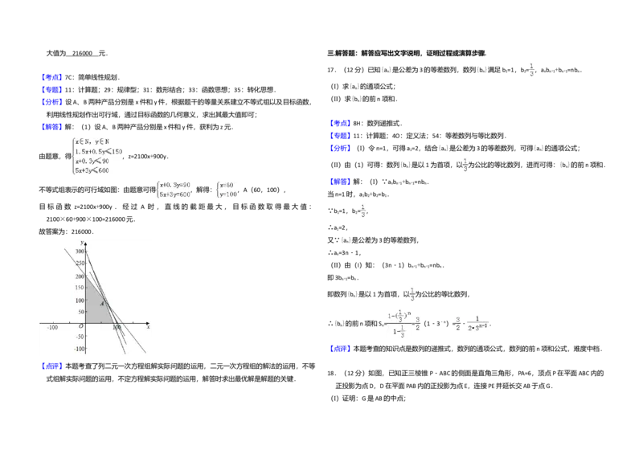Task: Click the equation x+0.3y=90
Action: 175,185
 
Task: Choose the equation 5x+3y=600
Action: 176,194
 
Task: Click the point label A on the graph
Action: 102,304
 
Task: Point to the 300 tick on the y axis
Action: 80,252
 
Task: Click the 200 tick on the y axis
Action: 80,276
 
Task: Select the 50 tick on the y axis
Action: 80,313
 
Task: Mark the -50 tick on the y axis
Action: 79,337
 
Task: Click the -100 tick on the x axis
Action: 53,329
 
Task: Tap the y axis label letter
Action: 82,243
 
